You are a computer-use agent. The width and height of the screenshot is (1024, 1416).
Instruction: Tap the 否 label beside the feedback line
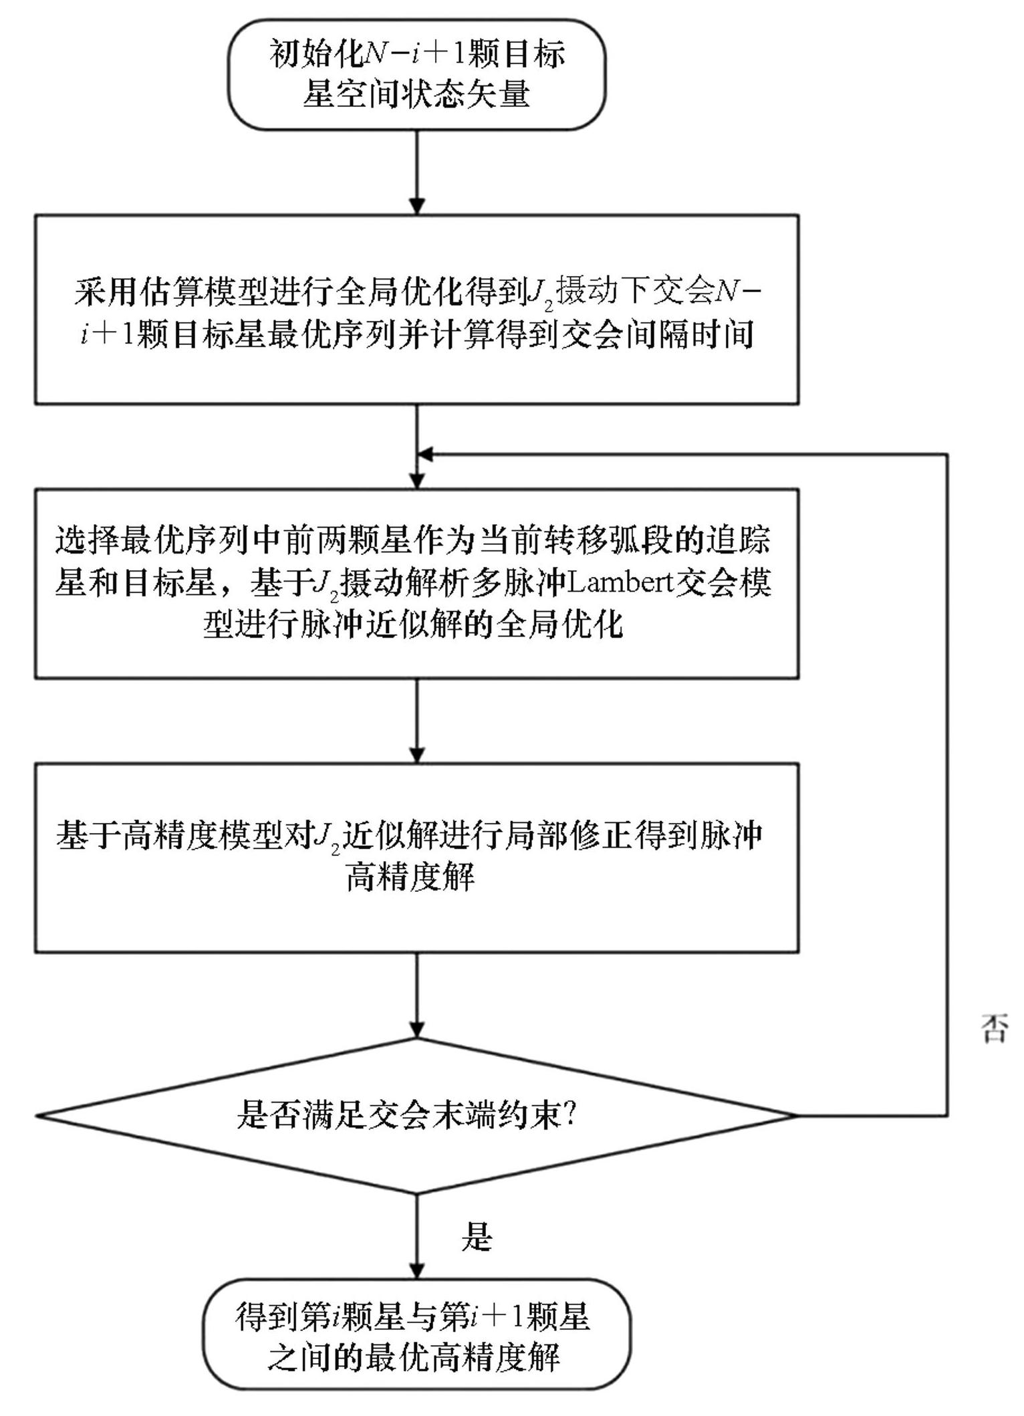(x=994, y=1029)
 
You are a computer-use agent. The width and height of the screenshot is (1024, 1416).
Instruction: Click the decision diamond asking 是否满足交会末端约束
(x=416, y=1115)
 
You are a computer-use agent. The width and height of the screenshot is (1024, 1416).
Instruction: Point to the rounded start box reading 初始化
(x=416, y=74)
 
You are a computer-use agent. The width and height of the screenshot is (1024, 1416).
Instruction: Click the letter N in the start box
(x=376, y=53)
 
